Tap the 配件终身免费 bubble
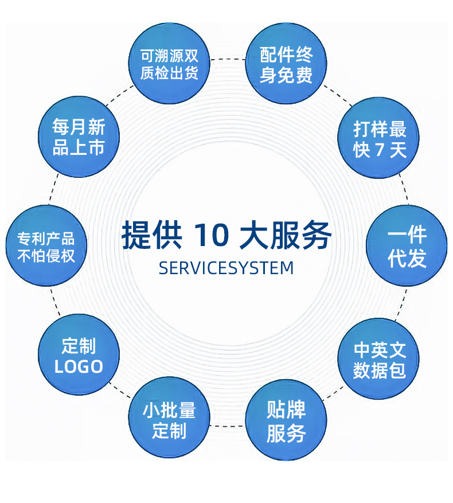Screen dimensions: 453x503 click(286, 64)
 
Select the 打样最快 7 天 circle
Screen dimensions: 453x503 click(379, 138)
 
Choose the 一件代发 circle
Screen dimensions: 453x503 click(407, 246)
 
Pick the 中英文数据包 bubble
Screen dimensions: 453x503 click(379, 360)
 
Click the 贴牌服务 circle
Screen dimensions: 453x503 click(286, 421)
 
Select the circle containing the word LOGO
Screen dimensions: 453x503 click(79, 355)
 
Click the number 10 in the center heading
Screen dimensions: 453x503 click(212, 236)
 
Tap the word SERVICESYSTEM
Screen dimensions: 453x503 click(226, 268)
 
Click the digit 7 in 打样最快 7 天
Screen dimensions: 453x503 click(378, 150)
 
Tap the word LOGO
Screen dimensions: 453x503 click(79, 366)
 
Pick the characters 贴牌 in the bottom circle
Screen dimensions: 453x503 click(286, 410)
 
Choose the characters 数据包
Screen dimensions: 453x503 click(379, 371)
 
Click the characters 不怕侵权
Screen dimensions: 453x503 click(46, 256)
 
